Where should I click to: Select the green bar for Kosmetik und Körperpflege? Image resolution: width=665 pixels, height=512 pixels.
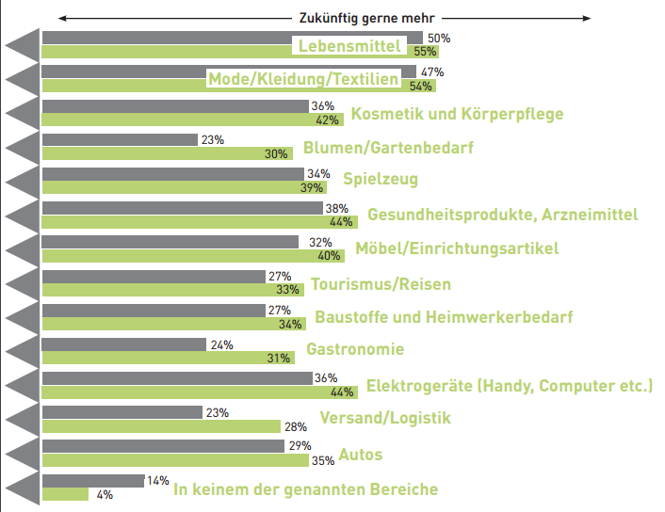(179, 120)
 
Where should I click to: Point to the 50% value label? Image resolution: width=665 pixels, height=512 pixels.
(439, 39)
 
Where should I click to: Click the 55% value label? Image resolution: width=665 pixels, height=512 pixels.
(426, 53)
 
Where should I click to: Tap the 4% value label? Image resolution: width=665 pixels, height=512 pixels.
(104, 494)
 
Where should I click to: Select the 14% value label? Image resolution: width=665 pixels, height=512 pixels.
(156, 480)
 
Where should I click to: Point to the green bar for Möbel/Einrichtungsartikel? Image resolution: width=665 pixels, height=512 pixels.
(179, 256)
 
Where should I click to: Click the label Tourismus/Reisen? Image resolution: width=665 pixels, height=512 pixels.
(381, 284)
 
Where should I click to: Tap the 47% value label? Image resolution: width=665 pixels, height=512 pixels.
(432, 72)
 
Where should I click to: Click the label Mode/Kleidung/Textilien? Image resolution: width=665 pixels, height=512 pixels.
(303, 80)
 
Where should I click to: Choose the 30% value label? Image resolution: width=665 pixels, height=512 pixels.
(278, 154)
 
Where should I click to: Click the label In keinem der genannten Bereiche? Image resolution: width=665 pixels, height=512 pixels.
(305, 489)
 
